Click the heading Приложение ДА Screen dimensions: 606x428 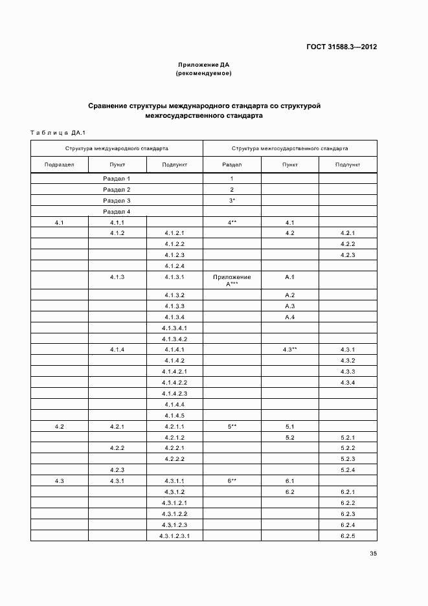pos(204,65)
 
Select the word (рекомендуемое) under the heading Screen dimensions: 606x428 pos(204,74)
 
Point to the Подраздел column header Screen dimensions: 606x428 pos(60,165)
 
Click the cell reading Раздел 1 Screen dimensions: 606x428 pos(117,178)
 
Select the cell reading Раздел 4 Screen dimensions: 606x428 pos(117,212)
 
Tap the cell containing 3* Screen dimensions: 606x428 pos(232,201)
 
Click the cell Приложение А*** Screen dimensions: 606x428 pos(232,280)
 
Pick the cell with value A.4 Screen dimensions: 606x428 pos(289,317)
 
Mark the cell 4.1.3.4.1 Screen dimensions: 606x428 pos(175,328)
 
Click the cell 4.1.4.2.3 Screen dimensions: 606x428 pos(175,394)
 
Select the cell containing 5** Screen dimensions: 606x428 pos(232,427)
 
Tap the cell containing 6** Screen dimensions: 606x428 pos(232,481)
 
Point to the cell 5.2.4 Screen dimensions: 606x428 pos(348,470)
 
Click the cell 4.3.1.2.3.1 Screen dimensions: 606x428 pos(175,535)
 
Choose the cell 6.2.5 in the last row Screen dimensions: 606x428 pos(348,535)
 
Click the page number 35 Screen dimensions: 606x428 pos(373,554)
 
